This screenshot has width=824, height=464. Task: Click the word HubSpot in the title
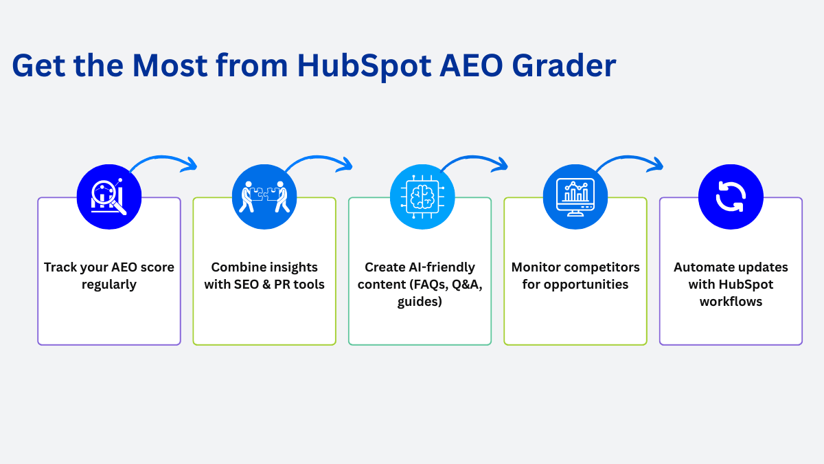tap(364, 66)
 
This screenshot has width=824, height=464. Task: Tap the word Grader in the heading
tap(564, 65)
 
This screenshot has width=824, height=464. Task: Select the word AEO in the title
tap(471, 65)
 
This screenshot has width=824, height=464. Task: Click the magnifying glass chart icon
tap(109, 197)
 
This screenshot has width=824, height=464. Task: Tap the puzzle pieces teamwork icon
tap(264, 197)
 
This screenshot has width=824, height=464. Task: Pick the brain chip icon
tap(422, 197)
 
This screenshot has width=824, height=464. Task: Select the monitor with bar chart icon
tap(575, 197)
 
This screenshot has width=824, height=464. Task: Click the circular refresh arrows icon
tap(731, 197)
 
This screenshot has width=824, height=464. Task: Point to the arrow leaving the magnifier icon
tap(162, 157)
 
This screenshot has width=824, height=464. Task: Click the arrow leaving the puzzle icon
tap(317, 157)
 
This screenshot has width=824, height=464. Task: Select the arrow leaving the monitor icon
tap(628, 157)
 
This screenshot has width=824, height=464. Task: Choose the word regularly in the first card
tap(109, 285)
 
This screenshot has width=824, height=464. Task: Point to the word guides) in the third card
tap(420, 302)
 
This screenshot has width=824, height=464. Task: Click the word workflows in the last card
tap(731, 302)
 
